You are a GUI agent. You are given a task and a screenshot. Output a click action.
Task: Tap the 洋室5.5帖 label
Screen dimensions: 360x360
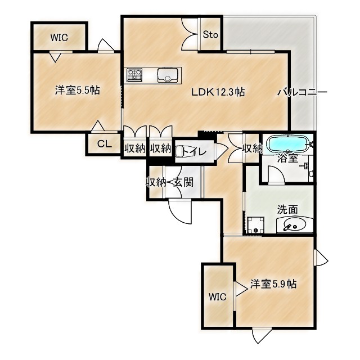pyautogui.click(x=78, y=90)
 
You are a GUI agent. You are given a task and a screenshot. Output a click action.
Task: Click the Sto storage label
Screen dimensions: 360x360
pyautogui.click(x=210, y=35)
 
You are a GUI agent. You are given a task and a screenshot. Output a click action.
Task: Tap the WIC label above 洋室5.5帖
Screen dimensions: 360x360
pyautogui.click(x=58, y=38)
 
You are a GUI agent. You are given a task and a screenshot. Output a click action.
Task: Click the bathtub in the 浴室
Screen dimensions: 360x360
pyautogui.click(x=287, y=143)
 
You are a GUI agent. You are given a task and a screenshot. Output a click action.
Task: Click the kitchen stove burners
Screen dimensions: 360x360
pyautogui.click(x=135, y=75)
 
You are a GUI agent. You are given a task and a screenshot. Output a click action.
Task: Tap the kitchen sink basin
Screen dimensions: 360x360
pyautogui.click(x=168, y=75)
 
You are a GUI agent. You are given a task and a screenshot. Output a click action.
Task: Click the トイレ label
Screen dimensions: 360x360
pyautogui.click(x=192, y=151)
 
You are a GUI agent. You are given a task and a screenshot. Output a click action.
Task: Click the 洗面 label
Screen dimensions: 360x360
pyautogui.click(x=287, y=209)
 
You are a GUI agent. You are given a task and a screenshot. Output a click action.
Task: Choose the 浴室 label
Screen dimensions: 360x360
pyautogui.click(x=288, y=159)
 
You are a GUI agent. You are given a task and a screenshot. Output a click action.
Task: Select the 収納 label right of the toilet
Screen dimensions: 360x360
pyautogui.click(x=253, y=148)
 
